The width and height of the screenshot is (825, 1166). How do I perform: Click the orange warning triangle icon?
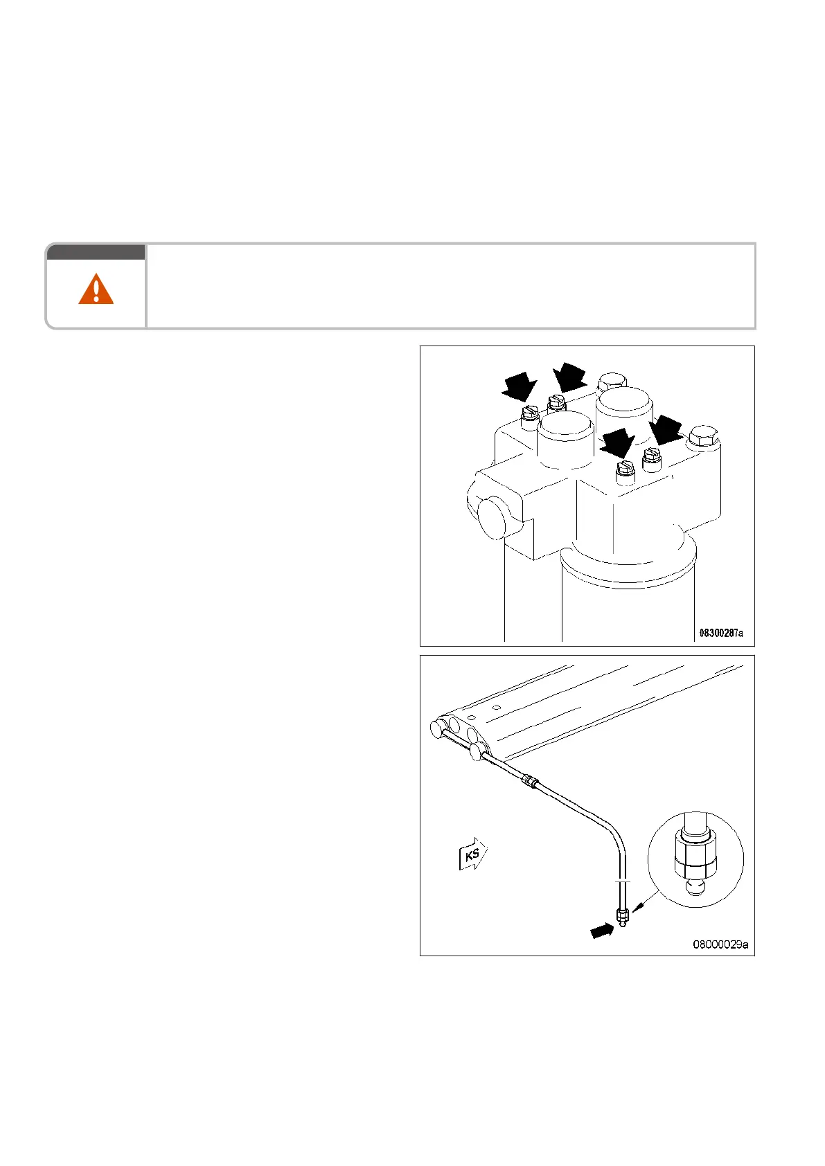coord(96,289)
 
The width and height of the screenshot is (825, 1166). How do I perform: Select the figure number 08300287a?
coord(720,633)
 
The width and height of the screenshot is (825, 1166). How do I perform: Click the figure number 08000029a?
coord(720,943)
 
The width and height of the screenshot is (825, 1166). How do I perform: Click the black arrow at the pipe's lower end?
coord(602,932)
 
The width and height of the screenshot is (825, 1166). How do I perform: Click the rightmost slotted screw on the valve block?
coord(651,456)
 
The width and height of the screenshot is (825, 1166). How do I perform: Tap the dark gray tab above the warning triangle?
coord(96,252)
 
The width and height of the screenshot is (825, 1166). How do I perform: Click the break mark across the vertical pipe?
coord(622,881)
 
